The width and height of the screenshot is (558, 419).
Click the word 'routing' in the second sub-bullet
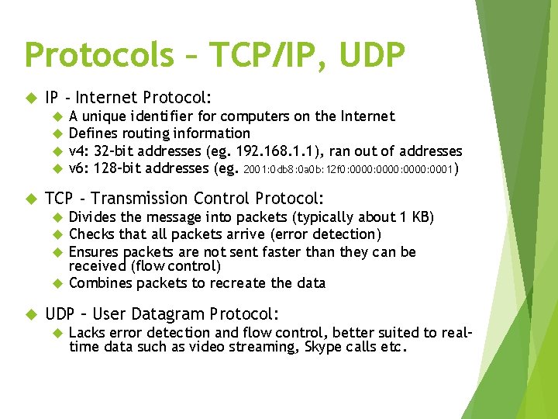point(145,133)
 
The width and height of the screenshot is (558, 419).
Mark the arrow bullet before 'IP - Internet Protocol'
point(31,98)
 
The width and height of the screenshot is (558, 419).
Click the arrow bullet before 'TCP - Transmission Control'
point(31,199)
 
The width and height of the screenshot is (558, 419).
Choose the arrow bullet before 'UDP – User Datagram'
point(31,314)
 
